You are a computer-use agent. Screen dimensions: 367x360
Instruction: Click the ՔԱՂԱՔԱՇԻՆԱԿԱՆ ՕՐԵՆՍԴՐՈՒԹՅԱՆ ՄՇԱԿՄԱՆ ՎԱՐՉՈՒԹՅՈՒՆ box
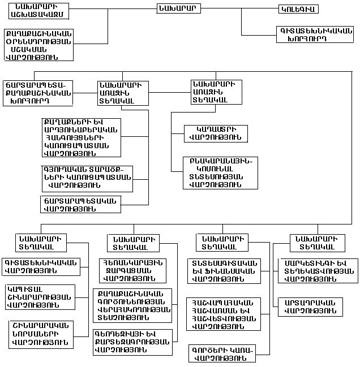tap(38, 44)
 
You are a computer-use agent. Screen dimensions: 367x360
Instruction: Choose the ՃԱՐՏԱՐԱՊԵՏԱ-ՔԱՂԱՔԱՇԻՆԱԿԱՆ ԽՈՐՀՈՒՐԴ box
tap(37, 93)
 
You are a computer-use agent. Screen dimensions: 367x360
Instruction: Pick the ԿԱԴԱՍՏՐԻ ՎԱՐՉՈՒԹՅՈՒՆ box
tap(216, 133)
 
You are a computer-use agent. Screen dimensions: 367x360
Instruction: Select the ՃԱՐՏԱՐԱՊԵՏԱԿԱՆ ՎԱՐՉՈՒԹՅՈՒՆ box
tap(80, 204)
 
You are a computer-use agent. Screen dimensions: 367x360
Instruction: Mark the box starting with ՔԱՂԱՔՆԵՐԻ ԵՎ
tap(81, 137)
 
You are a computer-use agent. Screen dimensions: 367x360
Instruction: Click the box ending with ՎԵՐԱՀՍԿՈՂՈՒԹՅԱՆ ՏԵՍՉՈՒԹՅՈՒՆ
tap(132, 305)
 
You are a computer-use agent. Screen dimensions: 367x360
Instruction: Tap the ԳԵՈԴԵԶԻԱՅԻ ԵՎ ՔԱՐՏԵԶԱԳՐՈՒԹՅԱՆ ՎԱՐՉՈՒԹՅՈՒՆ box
tap(132, 342)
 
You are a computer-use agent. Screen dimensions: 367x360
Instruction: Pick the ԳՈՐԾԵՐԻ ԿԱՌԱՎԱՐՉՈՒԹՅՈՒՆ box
tap(222, 353)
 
